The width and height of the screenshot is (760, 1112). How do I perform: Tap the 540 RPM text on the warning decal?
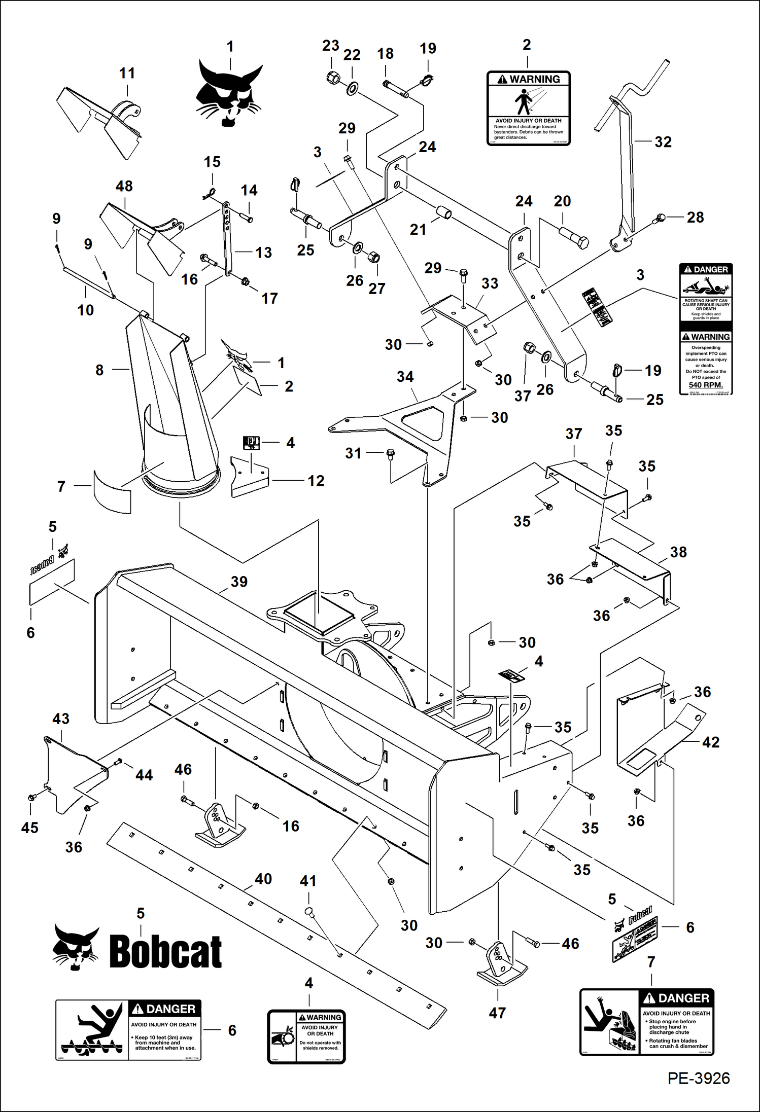click(x=705, y=385)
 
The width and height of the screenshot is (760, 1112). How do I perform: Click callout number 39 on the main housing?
click(x=239, y=582)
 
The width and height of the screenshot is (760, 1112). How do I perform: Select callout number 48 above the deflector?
click(x=124, y=186)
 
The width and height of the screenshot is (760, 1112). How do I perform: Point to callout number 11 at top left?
click(x=127, y=74)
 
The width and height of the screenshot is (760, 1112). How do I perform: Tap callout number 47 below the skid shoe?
click(x=497, y=1013)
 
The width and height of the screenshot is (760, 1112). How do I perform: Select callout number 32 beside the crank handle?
click(x=663, y=142)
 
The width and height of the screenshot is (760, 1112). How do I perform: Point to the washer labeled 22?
click(x=351, y=89)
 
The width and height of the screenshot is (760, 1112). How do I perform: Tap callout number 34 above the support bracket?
click(x=405, y=377)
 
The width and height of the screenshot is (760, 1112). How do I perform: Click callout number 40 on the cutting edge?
click(x=263, y=879)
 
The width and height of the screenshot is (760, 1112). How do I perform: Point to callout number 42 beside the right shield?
click(x=710, y=742)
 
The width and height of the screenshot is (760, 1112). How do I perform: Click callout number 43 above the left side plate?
click(x=61, y=719)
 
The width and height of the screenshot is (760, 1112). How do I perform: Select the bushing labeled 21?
click(x=444, y=212)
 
